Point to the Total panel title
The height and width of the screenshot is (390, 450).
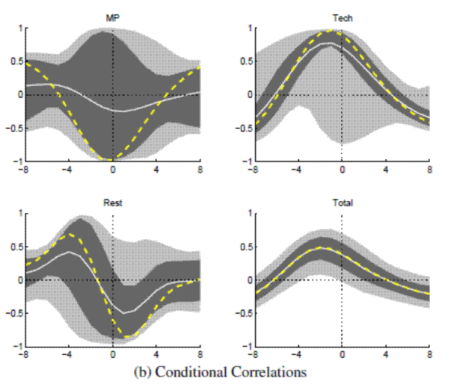pos(342,202)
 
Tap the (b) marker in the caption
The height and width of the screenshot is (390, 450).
pos(142,371)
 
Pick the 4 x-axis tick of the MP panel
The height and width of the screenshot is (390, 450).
pos(157,170)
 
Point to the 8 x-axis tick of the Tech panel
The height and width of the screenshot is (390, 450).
pos(430,170)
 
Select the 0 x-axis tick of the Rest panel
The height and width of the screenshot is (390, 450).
pos(112,355)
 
